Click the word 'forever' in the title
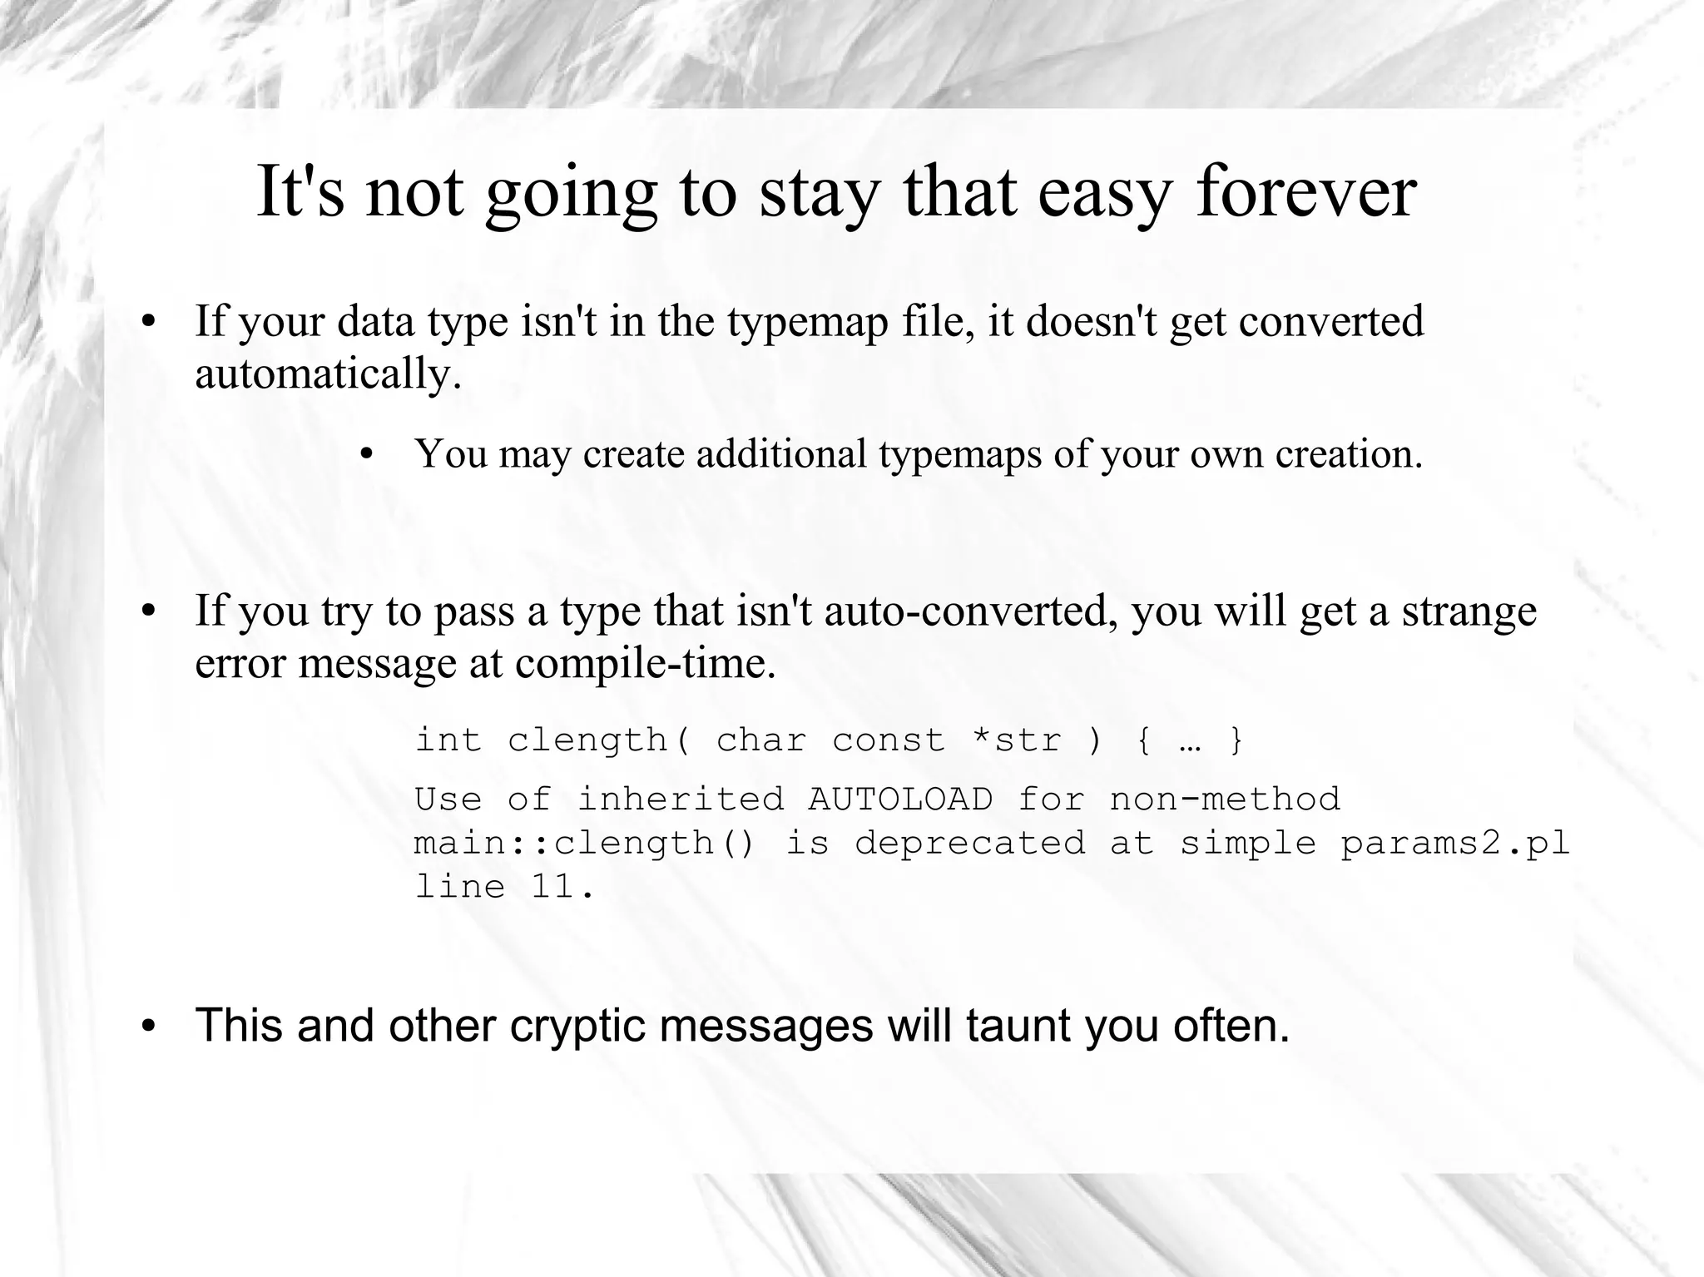1306,193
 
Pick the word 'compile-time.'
646,664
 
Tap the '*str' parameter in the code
1017,740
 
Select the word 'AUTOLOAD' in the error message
900,799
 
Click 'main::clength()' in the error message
585,844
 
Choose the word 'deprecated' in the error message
970,844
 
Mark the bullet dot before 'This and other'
148,1026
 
